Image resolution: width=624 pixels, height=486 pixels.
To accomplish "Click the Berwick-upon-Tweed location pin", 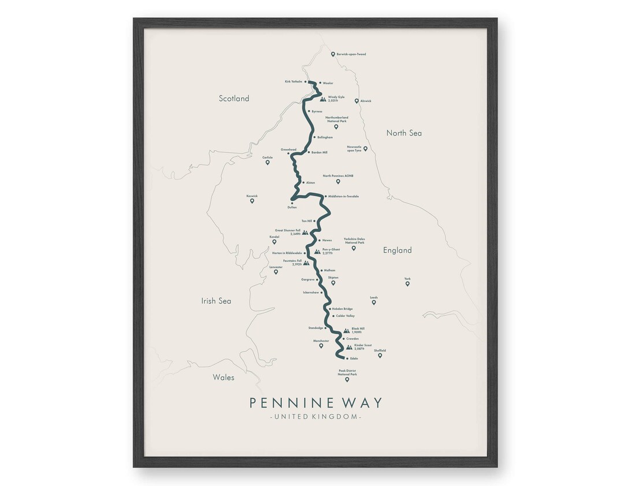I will (333, 54).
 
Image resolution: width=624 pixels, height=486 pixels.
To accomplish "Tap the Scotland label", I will (234, 99).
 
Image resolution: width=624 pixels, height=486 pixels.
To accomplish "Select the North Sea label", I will (404, 133).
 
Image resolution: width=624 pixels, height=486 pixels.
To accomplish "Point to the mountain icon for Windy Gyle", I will (323, 99).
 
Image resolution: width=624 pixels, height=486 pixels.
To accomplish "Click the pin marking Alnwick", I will (356, 101).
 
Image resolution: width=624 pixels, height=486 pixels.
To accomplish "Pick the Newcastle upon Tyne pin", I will (365, 149).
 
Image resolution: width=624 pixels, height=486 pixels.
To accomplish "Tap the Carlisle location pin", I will (268, 162).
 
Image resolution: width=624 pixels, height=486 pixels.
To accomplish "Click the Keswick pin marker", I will (252, 201).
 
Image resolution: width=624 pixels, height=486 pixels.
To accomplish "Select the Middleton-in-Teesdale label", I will (343, 196).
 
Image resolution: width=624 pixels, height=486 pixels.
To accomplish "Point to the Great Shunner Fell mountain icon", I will (306, 233).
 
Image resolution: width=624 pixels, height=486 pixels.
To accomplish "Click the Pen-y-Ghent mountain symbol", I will (317, 252).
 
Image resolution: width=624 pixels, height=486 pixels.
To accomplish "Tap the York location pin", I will (407, 283).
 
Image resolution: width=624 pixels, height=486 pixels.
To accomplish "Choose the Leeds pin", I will (374, 302).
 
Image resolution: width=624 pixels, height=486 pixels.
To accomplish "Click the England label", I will (398, 251).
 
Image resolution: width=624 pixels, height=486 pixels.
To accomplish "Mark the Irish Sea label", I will (216, 301).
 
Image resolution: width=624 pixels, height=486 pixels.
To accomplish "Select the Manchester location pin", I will (321, 346).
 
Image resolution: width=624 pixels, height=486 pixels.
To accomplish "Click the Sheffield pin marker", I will (380, 356).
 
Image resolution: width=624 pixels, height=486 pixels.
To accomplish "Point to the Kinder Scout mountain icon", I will (348, 347).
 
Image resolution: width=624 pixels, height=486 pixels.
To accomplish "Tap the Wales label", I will (224, 377).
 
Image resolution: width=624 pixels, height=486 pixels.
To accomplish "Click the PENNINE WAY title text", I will (315, 402).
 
